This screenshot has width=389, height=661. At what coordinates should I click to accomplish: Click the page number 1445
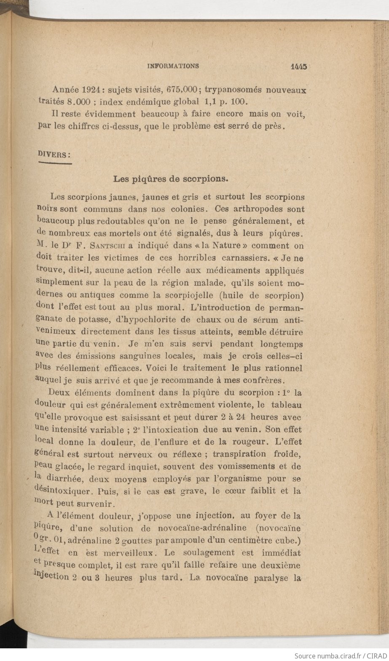[x=298, y=66]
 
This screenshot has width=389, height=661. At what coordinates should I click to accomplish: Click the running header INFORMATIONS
[x=173, y=66]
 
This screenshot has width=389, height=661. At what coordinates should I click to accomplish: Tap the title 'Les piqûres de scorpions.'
[x=171, y=179]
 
